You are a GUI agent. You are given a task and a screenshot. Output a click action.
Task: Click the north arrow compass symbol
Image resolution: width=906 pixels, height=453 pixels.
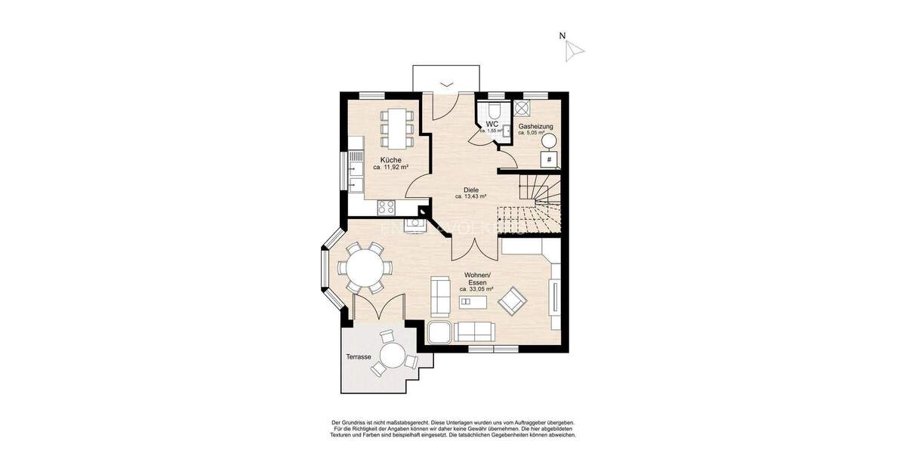coord(575,50)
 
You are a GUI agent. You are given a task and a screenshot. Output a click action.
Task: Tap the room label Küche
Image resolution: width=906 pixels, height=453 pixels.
coord(390,159)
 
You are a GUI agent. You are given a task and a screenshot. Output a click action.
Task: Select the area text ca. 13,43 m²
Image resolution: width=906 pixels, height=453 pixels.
coord(471,196)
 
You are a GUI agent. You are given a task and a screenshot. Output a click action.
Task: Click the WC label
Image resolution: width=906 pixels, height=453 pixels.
coord(492,123)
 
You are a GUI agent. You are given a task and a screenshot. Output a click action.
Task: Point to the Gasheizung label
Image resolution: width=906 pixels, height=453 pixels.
coord(535,126)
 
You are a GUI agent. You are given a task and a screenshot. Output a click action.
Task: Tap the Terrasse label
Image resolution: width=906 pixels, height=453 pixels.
coord(358,356)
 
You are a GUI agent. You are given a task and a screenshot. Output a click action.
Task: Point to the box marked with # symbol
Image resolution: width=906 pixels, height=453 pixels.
coord(549,159)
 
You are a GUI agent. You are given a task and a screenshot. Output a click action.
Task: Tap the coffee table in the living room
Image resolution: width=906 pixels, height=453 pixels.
coord(473,304)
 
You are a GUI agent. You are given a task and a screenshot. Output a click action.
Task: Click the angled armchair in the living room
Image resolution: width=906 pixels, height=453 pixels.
coord(513,301)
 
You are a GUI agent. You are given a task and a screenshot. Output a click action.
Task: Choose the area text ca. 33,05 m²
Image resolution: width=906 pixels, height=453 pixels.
coord(476,289)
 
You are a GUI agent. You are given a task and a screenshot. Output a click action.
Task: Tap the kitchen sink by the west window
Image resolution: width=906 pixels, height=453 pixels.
coord(355,174)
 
